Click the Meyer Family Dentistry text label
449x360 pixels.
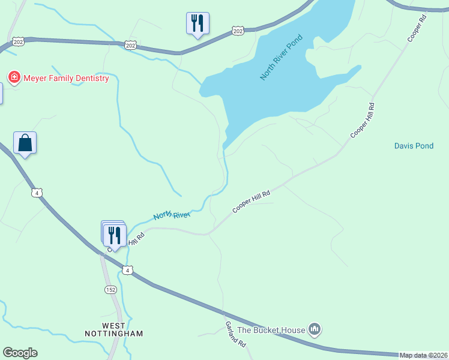click(x=66, y=78)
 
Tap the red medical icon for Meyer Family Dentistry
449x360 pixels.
click(x=13, y=77)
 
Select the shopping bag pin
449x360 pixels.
click(x=25, y=143)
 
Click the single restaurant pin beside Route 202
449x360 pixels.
click(x=197, y=23)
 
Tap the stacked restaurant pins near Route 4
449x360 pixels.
click(x=114, y=234)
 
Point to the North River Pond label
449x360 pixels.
click(x=282, y=58)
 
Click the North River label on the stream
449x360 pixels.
click(x=172, y=215)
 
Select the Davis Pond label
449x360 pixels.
click(x=414, y=146)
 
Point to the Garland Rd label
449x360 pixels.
click(x=236, y=335)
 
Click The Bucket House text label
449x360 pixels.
click(x=271, y=329)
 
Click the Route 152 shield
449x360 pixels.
click(x=110, y=290)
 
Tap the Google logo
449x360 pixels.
click(x=20, y=353)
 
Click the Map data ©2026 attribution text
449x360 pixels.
click(x=424, y=355)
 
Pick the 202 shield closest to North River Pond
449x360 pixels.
click(x=238, y=31)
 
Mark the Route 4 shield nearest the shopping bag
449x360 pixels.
click(x=37, y=193)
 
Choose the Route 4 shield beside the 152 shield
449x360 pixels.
click(x=127, y=270)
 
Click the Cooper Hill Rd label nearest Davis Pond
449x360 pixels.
click(x=363, y=121)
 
